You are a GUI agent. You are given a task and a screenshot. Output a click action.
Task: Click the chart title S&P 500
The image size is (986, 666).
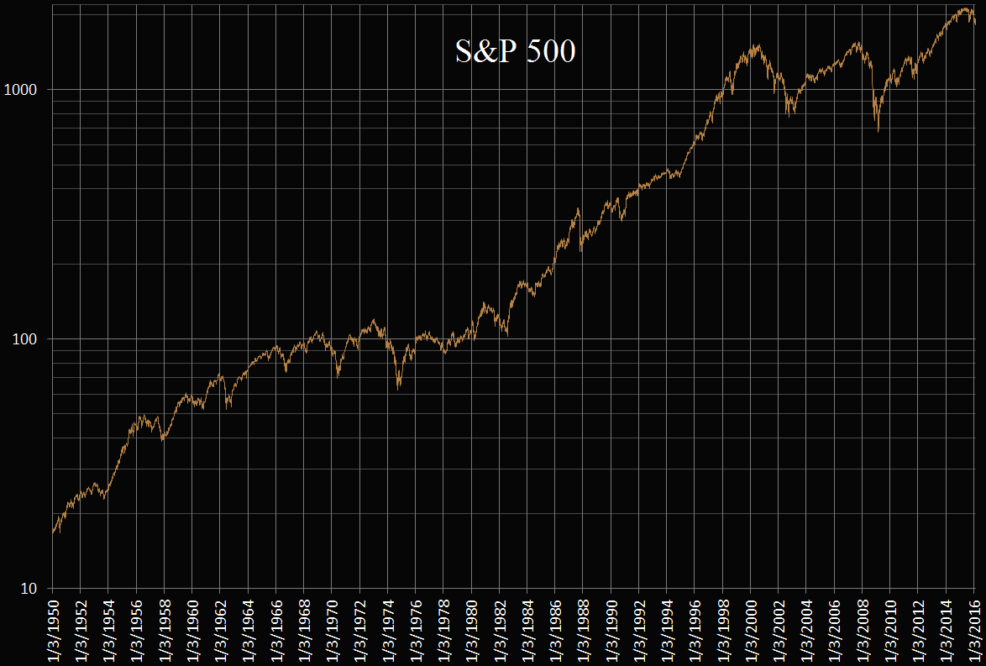point(515,52)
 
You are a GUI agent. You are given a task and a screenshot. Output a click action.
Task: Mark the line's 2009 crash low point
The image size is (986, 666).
point(878,132)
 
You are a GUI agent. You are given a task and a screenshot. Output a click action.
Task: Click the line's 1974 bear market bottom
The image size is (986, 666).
point(398,387)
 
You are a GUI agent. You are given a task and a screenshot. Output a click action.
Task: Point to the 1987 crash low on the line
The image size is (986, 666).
point(581,250)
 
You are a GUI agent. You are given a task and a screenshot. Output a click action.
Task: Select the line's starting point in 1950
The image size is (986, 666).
point(52,532)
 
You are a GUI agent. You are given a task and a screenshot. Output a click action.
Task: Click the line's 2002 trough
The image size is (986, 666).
point(789,115)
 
